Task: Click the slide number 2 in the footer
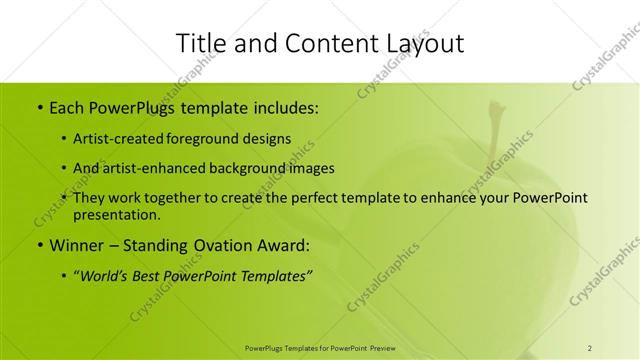pyautogui.click(x=590, y=348)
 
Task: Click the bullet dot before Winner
pyautogui.click(x=39, y=245)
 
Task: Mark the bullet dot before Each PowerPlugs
pyautogui.click(x=39, y=106)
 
